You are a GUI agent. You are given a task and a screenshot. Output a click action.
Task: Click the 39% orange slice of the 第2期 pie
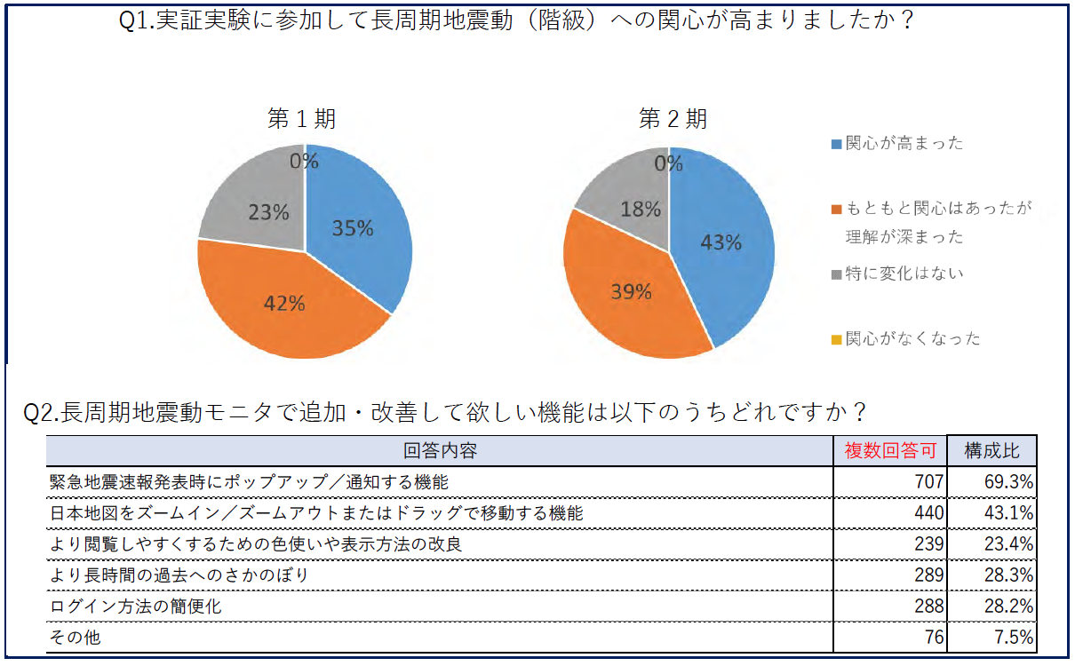631,293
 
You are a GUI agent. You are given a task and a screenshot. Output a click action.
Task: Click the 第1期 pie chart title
303,119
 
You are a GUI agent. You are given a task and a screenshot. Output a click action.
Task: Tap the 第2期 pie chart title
673,119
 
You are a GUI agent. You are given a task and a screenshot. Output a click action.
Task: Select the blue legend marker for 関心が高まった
836,144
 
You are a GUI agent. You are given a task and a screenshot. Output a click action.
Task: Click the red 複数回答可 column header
890,451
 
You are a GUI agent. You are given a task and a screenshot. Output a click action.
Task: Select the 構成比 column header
992,451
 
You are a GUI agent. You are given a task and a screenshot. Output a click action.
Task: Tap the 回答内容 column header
440,451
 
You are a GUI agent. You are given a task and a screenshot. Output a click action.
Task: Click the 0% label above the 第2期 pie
668,164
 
